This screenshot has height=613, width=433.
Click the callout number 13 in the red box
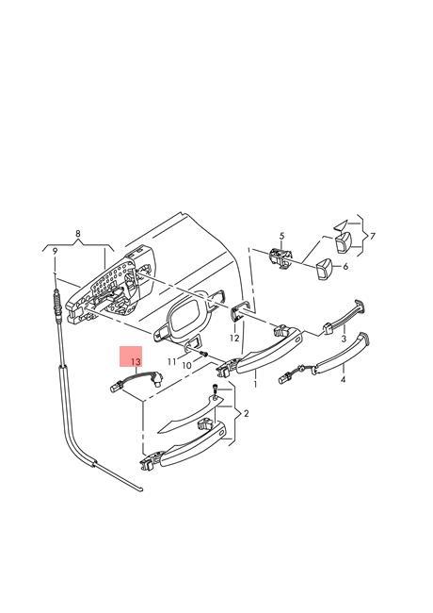(x=135, y=361)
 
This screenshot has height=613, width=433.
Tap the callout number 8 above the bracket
(x=78, y=234)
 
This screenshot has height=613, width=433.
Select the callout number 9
(x=55, y=252)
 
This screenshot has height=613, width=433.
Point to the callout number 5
(x=282, y=236)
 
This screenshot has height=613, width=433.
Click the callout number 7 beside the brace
(x=373, y=236)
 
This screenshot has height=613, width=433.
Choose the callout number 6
(x=345, y=267)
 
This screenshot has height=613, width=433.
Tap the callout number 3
(x=344, y=339)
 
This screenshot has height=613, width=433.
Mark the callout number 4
(x=343, y=379)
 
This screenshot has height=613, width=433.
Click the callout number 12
(x=234, y=339)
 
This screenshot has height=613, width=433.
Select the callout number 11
(x=171, y=362)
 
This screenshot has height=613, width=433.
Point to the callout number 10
(x=187, y=366)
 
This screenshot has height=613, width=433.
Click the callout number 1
(x=255, y=384)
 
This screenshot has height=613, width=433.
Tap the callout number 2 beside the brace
(x=246, y=413)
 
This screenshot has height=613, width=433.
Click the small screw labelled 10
(x=203, y=355)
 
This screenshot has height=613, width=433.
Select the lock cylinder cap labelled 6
(x=324, y=270)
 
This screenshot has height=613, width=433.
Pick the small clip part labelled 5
(x=281, y=258)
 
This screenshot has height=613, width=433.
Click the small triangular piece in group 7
(x=341, y=225)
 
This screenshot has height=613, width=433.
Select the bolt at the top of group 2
(x=215, y=391)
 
